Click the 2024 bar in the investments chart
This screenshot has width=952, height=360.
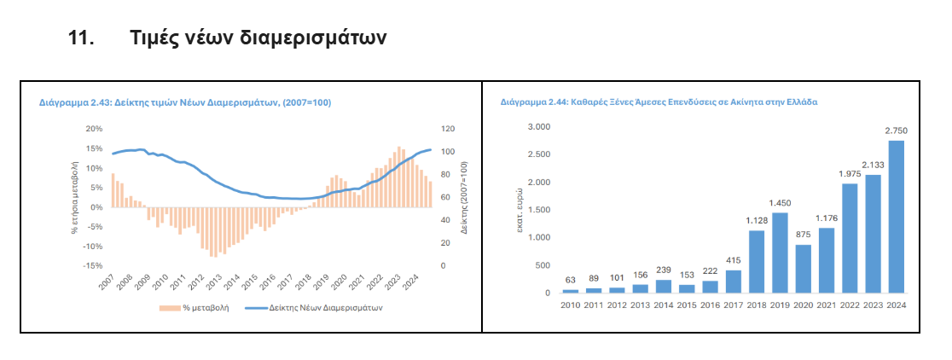[896, 217]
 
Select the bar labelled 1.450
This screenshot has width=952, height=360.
[780, 253]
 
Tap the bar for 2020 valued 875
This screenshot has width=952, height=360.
[803, 269]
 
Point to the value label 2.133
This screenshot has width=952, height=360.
[873, 165]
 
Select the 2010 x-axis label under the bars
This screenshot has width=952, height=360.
[571, 305]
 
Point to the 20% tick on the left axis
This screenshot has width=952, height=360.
[94, 129]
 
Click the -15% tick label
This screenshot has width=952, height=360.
[92, 265]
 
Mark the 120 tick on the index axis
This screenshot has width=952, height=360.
[447, 129]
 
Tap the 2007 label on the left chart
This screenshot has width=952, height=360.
[106, 284]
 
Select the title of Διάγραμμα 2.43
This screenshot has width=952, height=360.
[185, 102]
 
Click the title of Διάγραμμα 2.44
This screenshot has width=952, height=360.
[659, 102]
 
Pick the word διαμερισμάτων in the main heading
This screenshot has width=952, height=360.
[316, 38]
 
